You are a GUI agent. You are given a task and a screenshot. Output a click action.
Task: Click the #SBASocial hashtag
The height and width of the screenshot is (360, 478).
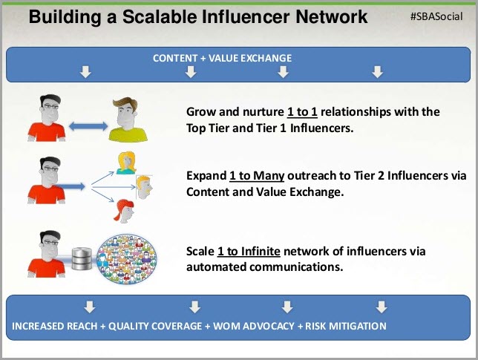tap(436, 16)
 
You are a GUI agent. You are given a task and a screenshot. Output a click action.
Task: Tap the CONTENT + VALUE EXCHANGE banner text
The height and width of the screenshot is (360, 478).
tap(222, 58)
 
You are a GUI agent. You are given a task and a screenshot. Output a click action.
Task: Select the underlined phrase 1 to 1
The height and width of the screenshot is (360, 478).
tap(302, 112)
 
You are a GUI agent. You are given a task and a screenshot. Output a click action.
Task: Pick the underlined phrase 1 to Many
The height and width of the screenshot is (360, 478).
tap(257, 176)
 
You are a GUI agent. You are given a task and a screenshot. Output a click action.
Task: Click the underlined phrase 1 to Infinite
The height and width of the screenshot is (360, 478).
tap(249, 251)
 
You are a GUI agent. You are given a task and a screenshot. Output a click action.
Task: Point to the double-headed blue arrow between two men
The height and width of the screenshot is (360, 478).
tap(88, 126)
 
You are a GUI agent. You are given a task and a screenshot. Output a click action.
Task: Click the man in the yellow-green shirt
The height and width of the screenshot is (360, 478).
tap(128, 120)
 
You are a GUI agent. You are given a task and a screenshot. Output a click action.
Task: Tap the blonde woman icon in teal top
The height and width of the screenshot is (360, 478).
tap(126, 163)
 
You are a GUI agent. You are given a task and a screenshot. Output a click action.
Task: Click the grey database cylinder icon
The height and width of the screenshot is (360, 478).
tap(82, 259)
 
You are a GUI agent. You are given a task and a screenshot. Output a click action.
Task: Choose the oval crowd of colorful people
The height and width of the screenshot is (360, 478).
tap(127, 259)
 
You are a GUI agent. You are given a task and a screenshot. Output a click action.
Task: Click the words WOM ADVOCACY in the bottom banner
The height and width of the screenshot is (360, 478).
tap(254, 326)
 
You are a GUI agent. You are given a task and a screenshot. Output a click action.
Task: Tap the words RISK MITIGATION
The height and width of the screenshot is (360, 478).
tap(346, 326)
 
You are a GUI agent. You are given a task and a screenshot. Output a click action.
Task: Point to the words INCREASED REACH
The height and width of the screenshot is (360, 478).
tap(55, 326)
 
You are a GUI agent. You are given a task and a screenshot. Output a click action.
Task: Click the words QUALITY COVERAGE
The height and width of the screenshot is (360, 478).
tap(155, 326)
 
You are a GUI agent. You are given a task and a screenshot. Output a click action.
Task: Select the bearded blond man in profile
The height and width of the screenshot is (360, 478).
tap(144, 187)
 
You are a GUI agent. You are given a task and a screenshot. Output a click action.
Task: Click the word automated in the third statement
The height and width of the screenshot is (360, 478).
tap(216, 267)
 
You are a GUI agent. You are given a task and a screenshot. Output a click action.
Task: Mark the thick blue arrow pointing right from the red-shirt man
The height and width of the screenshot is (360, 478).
tap(71, 186)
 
